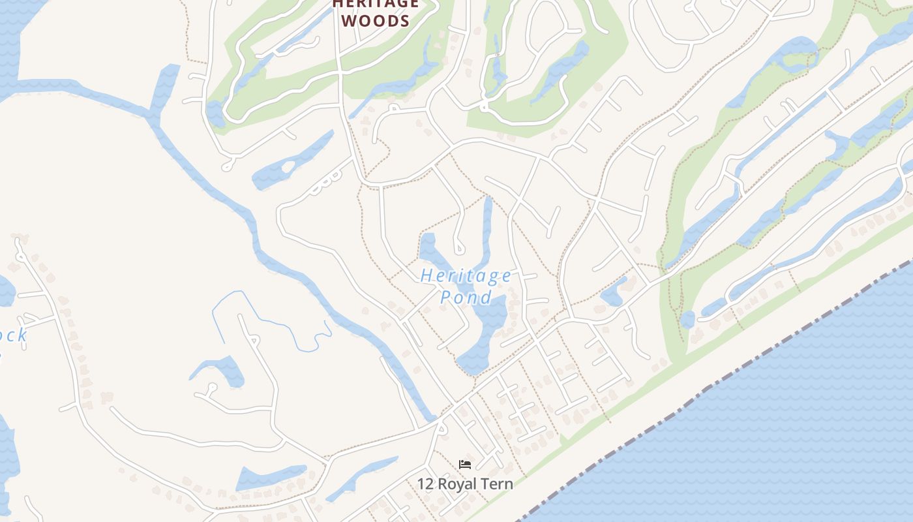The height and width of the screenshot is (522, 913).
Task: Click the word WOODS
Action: click(375, 21)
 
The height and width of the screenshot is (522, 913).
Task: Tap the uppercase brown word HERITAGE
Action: click(375, 4)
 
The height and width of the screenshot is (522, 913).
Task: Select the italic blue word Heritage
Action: click(466, 276)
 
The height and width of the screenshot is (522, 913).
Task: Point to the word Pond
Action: click(466, 298)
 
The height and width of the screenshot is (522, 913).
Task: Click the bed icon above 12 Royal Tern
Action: click(465, 465)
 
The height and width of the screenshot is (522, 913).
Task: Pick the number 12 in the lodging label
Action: click(426, 484)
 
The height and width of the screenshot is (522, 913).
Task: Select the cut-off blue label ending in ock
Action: click(13, 336)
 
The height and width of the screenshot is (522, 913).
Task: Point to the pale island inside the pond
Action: click(287, 167)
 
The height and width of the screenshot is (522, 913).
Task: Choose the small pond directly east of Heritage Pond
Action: click(613, 294)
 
